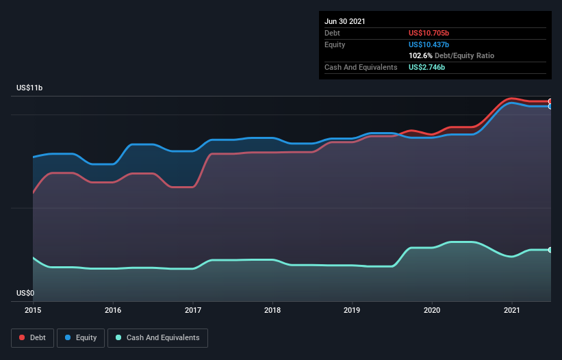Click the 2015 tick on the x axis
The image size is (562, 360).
[33, 310]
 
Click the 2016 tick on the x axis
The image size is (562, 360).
[113, 310]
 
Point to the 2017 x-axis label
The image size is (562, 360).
[193, 310]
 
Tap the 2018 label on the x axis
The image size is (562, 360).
[272, 310]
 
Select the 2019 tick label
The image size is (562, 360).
[353, 310]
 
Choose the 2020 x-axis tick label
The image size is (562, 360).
[432, 310]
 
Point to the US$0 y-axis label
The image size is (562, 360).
[26, 293]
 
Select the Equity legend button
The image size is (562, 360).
[81, 337]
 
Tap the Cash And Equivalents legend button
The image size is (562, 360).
[157, 337]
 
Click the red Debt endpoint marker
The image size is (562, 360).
[550, 101]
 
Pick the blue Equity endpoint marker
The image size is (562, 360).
[550, 106]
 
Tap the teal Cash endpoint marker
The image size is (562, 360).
[550, 250]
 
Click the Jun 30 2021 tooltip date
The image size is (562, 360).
[345, 21]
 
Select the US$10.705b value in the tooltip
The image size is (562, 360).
[429, 33]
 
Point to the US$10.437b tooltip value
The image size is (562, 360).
[429, 44]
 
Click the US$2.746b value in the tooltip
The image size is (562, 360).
[426, 67]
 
